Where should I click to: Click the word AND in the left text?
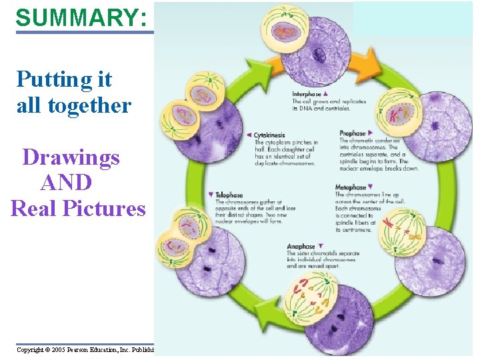(67, 183)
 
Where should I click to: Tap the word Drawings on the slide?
(71, 157)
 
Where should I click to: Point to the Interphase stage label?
(307, 95)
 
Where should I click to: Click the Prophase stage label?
(353, 133)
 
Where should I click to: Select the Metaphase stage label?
(351, 188)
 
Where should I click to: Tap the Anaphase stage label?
(302, 247)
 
